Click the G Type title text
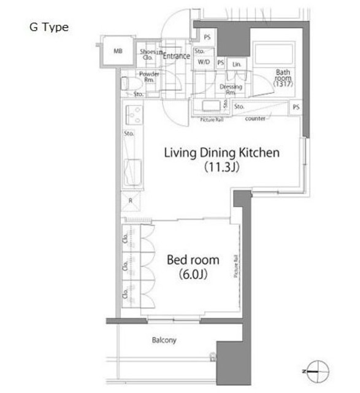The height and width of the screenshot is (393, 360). click(48, 28)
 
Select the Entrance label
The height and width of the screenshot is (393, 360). click(176, 56)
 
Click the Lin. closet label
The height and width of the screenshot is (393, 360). click(237, 64)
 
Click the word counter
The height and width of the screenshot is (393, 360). click(255, 118)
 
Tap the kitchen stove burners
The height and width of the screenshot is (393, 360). click(134, 115)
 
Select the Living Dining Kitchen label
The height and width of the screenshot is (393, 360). click(221, 153)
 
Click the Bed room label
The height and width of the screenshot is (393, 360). click(193, 260)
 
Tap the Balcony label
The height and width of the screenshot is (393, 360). click(164, 340)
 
